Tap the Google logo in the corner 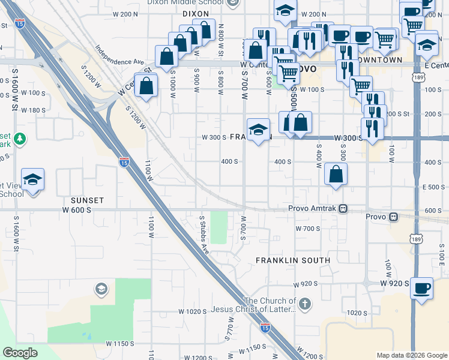(20, 353)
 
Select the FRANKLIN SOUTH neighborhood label (293, 260)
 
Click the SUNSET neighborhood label (87, 200)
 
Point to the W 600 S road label (76, 210)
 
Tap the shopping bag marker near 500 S (336, 174)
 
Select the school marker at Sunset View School (32, 179)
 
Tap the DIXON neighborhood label (196, 13)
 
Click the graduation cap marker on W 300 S (258, 129)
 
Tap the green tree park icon (20, 139)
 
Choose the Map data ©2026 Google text (412, 355)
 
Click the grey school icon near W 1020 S (101, 290)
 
